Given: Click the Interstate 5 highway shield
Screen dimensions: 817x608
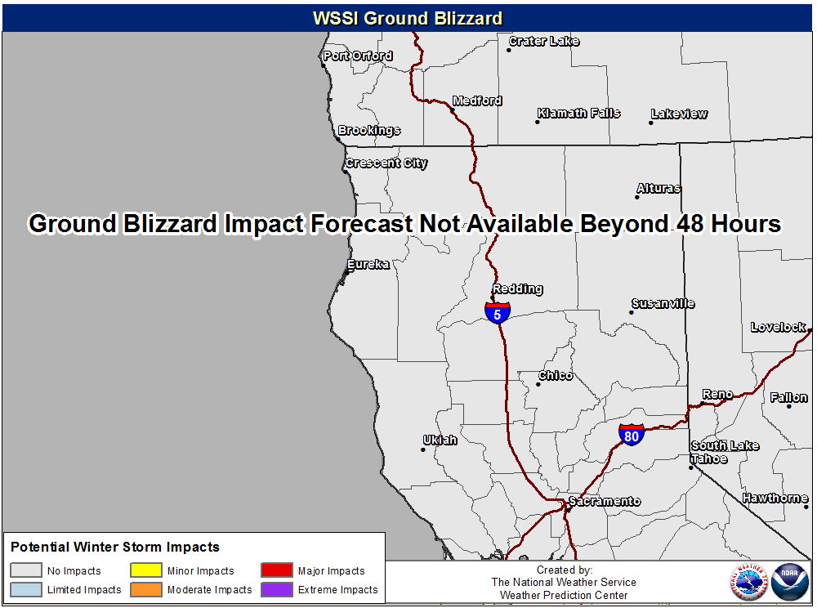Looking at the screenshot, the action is pos(497,313).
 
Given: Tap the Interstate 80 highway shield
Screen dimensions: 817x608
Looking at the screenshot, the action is pos(631,435).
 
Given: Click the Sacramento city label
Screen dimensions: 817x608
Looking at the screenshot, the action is pos(605,501).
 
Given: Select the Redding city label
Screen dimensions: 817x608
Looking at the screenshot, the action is pos(517,288).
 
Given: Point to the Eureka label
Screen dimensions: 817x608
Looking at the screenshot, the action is pos(368,264).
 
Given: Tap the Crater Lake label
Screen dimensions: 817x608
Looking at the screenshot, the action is pos(544,41).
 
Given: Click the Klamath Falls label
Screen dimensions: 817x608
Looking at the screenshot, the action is pos(579,113).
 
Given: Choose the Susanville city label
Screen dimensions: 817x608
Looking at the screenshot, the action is pos(663,303).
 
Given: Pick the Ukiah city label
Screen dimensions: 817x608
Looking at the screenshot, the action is pos(440,440).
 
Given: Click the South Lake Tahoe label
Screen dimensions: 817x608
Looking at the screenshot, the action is pos(724,452).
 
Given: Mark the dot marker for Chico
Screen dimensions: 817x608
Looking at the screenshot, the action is pos(538,384).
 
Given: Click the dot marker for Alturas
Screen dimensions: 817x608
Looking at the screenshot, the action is pos(636,198).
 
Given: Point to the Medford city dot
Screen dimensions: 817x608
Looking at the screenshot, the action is pos(453,110).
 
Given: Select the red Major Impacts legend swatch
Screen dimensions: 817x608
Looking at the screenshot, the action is pos(277,570).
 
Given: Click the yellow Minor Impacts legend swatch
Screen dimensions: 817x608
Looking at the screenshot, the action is pos(146,570).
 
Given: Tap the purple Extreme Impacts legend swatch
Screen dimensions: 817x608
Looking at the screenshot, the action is pos(277,589).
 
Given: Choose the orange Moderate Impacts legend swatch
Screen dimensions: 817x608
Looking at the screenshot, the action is pos(146,589).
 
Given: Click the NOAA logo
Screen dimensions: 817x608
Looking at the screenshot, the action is pos(789,582).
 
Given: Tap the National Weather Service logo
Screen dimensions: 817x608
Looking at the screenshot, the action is pos(749,582).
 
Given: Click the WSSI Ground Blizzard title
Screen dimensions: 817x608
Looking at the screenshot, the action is pos(408,18).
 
